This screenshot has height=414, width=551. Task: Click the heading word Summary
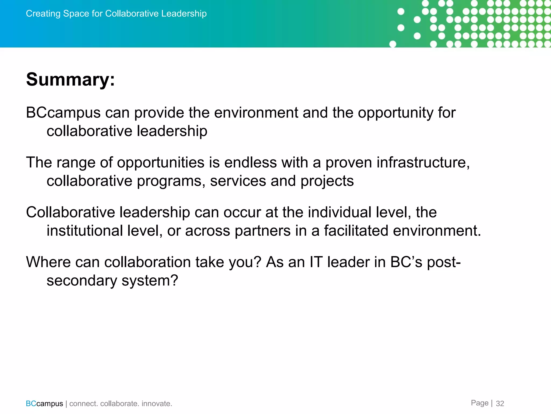[x=69, y=80]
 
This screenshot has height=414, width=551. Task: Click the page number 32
[x=500, y=403]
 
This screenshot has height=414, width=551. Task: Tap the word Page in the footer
[x=479, y=403]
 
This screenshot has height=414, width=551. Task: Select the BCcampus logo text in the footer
[x=44, y=404]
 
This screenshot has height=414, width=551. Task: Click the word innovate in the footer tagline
[x=156, y=404]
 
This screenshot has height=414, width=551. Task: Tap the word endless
[x=250, y=163]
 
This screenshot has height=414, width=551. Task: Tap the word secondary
[x=82, y=281]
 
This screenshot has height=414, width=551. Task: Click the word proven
[x=349, y=163]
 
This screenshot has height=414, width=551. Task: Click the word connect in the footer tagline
[x=83, y=404]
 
